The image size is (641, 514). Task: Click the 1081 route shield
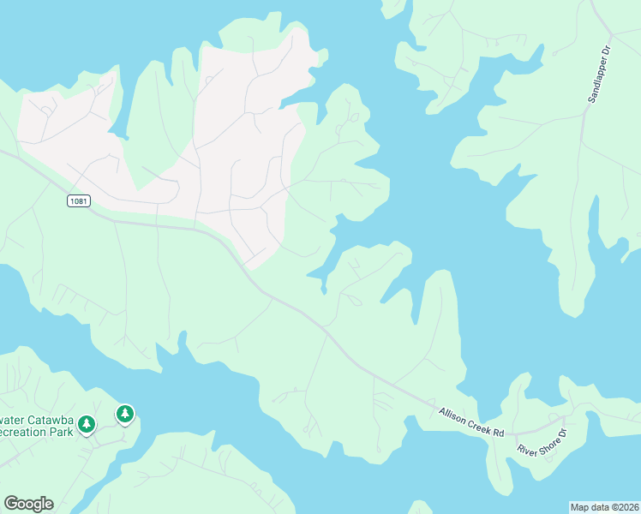pos(78,200)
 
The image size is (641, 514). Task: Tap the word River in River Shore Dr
pos(526,450)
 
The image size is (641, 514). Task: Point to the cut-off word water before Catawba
pos(10,420)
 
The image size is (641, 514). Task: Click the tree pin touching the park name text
pos(86,424)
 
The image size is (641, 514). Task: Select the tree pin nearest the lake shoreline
pos(125,415)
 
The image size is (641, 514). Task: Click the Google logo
pos(28,504)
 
